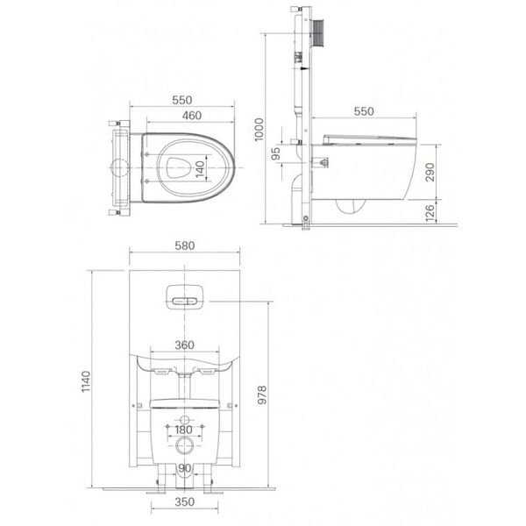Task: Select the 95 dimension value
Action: coord(277,153)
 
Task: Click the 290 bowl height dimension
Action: coord(429,169)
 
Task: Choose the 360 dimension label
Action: coord(184,345)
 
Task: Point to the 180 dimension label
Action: coord(183,430)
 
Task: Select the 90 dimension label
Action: coord(184,468)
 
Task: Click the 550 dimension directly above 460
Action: coord(181,100)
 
